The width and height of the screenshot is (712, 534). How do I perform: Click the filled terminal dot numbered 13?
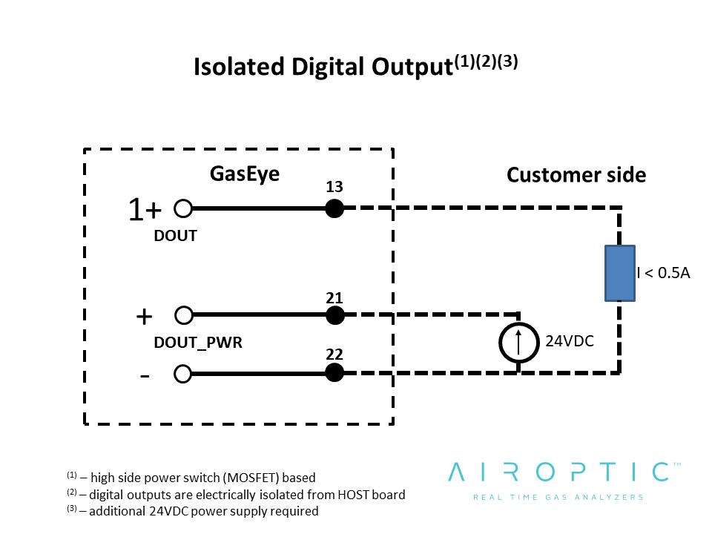point(334,208)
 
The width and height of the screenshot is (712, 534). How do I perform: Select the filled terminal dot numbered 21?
point(335,315)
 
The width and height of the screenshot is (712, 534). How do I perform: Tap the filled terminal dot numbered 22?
point(334,373)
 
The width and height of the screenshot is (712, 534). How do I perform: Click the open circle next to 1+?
point(183,209)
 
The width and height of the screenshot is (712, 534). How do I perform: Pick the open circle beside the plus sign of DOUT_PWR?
point(184,315)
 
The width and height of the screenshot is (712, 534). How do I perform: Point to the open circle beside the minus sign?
point(182,374)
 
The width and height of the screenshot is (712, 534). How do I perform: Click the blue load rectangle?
point(620,274)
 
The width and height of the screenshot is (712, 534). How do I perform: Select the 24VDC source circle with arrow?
point(519,343)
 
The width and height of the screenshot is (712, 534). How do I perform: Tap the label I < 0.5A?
point(663,273)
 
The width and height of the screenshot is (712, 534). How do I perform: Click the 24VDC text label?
point(570,341)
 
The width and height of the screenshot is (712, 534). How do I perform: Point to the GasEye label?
point(245,174)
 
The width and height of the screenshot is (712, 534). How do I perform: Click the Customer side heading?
point(576,175)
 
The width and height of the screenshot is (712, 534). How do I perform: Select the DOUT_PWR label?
point(198,343)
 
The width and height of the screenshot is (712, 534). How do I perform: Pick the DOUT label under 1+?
point(175,236)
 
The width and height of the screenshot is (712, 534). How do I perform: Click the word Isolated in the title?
point(239,67)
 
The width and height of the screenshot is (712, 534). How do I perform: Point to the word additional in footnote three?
point(117,511)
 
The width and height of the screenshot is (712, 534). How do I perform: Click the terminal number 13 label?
point(334,187)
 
